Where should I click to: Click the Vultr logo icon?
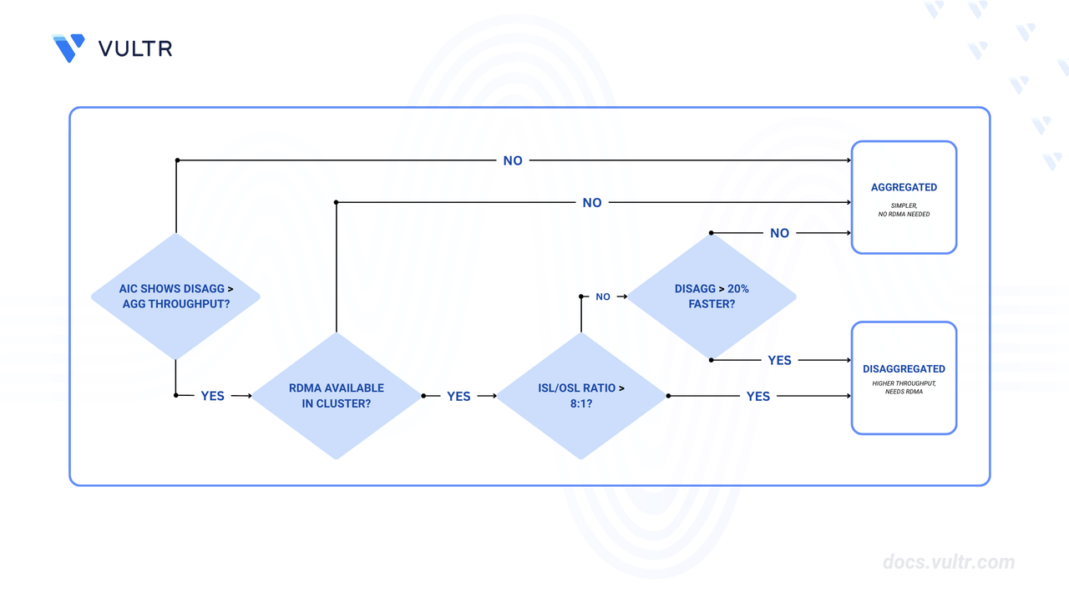point(68,48)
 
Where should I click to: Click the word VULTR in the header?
point(135,48)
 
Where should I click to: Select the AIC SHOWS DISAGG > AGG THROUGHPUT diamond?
point(175,296)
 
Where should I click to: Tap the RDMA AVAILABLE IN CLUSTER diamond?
point(336,396)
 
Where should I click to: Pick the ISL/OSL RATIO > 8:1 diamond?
point(581,396)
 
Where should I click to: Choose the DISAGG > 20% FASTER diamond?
point(711,296)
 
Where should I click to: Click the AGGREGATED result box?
point(904,197)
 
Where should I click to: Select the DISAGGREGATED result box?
point(904,378)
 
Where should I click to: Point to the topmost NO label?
point(513,160)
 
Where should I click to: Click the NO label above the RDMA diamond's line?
point(592,202)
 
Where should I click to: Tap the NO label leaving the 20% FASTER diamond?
point(779,233)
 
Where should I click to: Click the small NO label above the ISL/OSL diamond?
point(603,296)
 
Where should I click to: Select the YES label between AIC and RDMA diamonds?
point(213,396)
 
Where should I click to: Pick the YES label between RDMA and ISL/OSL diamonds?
point(459,396)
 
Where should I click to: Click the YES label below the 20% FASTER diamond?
point(779,360)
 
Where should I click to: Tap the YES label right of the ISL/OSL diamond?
point(758,396)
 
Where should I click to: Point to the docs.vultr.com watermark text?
point(949,562)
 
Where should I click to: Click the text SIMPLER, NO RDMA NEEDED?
point(904,210)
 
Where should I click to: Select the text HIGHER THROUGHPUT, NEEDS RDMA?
point(904,388)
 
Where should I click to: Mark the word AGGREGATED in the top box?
point(904,187)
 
